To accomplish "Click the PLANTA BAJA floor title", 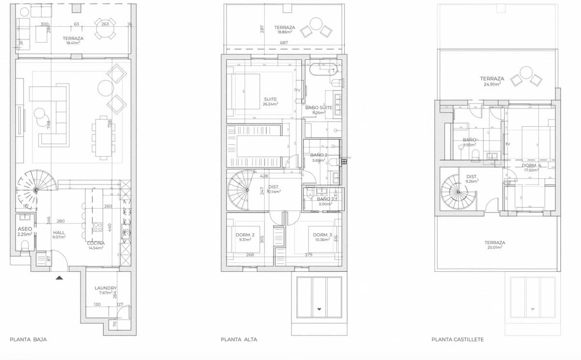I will click(28, 340).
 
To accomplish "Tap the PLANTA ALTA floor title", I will click(239, 340).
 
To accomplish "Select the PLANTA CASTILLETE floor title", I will click(458, 340).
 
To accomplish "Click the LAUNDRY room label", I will click(106, 288).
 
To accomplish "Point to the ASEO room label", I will click(25, 229).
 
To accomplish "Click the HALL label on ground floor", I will click(59, 233).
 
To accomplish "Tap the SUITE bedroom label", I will click(270, 99).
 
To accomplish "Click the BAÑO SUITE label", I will click(319, 108).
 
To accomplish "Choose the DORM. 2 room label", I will click(245, 235).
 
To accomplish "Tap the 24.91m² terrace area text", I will click(492, 84).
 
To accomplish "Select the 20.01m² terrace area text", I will click(495, 247).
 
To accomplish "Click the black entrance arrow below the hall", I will click(59, 278).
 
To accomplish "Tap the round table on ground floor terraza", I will click(105, 29).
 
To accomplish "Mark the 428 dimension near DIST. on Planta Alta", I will click(264, 176).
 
